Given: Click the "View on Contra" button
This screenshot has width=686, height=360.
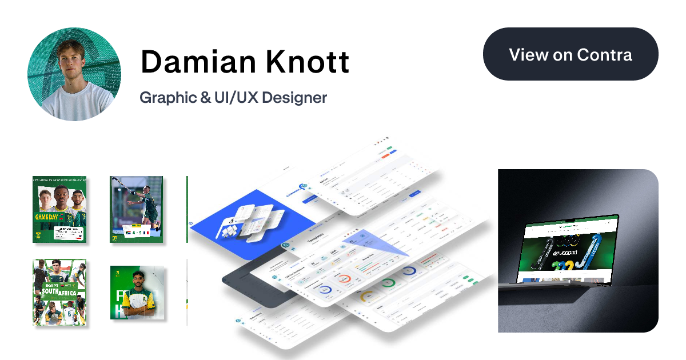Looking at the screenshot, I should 571,55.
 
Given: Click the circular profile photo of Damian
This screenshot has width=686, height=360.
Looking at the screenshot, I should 74,74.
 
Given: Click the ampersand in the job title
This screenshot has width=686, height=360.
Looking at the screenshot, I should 204,98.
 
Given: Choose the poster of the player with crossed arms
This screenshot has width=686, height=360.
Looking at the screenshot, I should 137,293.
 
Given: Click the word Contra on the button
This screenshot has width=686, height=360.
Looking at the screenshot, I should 604,55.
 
